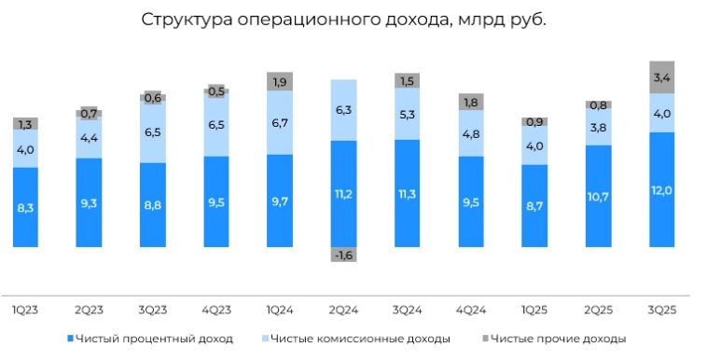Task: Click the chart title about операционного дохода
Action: coord(343,21)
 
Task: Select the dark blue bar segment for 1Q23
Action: coord(26,207)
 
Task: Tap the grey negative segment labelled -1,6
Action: coord(343,256)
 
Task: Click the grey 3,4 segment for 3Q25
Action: coord(661,77)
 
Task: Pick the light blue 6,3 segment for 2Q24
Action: coord(343,110)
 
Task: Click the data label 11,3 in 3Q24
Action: coord(407,194)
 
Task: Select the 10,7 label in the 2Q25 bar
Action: coord(598,197)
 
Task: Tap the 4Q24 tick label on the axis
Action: coord(470,308)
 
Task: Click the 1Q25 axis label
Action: coord(534,308)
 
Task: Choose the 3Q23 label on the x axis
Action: coord(153,308)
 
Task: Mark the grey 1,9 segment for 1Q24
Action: coord(280,82)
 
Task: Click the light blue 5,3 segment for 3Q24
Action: coord(407,115)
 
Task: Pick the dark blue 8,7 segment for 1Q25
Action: coord(534,206)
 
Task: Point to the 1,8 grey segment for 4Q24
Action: coord(470,102)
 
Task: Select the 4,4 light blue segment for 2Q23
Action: coord(90,138)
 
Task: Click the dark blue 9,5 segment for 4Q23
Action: coord(216,201)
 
